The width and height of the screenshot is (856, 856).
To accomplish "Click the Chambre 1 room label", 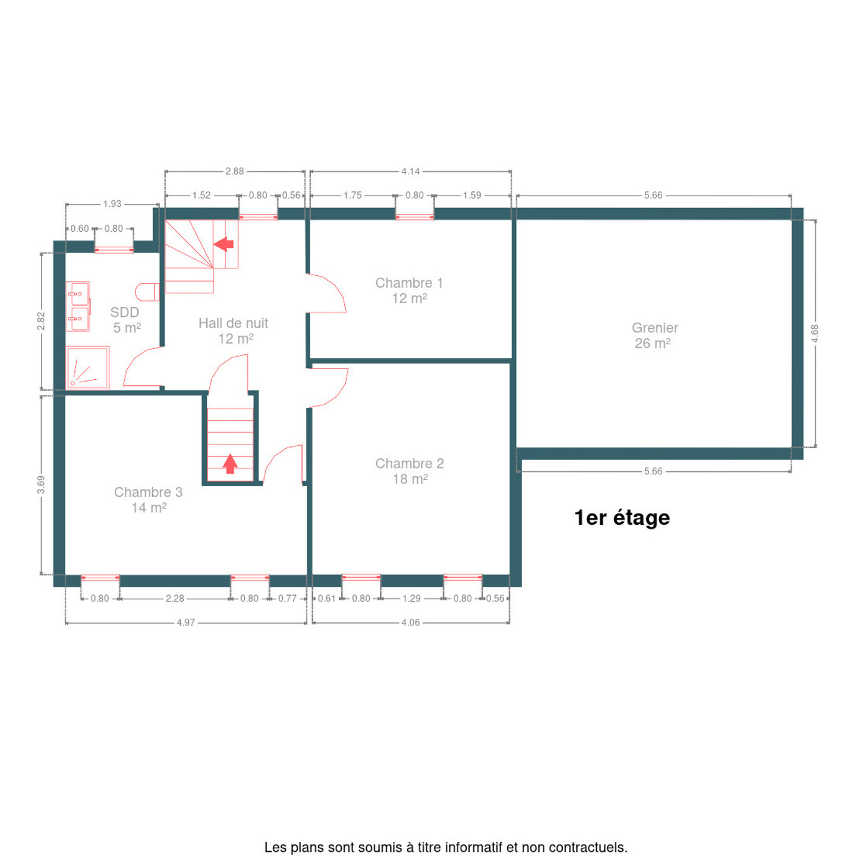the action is point(408,290).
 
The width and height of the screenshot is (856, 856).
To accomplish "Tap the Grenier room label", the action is point(654,335).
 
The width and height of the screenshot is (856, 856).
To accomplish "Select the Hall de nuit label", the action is point(233,331).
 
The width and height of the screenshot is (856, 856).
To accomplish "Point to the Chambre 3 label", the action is point(149,499).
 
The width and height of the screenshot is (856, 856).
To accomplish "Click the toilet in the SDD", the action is point(147,291).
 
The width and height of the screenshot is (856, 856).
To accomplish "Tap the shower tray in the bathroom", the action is point(87,367).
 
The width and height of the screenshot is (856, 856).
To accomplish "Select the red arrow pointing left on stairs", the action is point(224,244).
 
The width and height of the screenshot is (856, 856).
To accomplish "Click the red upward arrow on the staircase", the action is point(230,463).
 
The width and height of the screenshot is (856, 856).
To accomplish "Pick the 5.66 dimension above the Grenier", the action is point(653,196).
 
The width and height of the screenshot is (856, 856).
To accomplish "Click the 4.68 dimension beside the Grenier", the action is point(814,333).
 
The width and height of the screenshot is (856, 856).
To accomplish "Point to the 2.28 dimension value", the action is point(175,599).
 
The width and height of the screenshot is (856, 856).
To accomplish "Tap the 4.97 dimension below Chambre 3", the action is point(185,622).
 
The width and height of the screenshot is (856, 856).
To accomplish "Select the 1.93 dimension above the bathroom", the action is point(112,204).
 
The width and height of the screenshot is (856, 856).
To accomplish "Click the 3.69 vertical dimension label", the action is point(41,484).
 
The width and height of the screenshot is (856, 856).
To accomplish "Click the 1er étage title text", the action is point(621,518).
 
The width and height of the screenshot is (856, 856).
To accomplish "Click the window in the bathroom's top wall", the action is point(114,250).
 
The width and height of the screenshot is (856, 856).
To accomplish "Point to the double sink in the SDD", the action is point(78,306).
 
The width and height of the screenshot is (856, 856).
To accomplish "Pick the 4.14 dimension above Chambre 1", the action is point(410,171).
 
